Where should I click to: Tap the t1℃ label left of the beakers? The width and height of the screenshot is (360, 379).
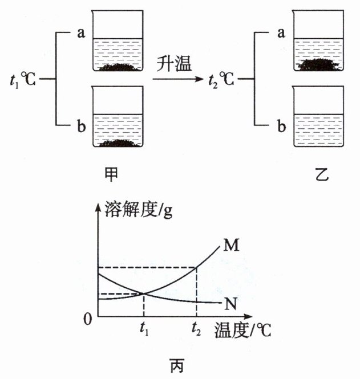(23, 79)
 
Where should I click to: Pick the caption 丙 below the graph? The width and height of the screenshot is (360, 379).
(177, 363)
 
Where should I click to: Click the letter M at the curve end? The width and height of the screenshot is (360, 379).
(231, 246)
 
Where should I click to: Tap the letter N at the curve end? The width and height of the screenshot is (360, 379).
(230, 304)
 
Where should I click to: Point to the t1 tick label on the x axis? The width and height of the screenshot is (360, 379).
(144, 329)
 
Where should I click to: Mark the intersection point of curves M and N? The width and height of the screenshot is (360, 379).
(143, 294)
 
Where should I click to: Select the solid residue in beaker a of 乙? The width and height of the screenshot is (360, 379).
(319, 64)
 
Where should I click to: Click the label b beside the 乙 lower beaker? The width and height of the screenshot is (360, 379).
(280, 127)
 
